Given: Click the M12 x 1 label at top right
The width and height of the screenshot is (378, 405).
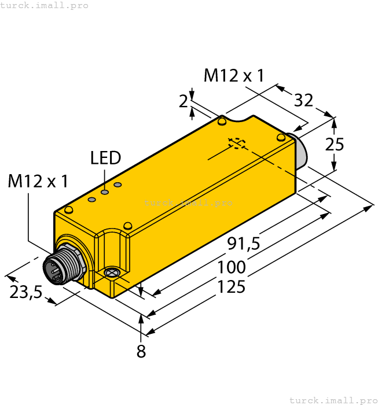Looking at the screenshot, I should click(x=234, y=75).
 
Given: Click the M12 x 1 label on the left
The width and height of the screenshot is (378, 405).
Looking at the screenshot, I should click(x=38, y=181).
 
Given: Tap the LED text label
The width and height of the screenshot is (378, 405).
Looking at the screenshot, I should click(x=105, y=158).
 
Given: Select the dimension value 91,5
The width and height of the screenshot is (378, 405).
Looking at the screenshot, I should click(x=243, y=244).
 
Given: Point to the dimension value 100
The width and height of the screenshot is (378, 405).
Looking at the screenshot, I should click(x=232, y=267).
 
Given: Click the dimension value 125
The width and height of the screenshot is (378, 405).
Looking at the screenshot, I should click(x=231, y=287).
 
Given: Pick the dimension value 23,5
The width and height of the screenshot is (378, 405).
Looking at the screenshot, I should click(x=26, y=292).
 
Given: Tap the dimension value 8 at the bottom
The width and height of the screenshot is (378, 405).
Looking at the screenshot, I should click(x=141, y=351).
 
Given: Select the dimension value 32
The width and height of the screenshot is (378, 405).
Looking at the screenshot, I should click(x=303, y=100).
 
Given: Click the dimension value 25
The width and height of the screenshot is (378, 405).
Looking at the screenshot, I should click(x=335, y=144).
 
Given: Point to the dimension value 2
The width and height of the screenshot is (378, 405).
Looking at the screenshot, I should click(x=184, y=102).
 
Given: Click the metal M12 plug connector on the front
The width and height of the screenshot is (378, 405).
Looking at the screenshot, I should click(x=61, y=267).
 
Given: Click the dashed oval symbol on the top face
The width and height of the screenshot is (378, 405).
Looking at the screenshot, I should click(x=237, y=142).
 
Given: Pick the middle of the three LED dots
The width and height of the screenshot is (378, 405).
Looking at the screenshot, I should click(x=105, y=192).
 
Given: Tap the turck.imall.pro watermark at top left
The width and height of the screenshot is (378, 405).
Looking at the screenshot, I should click(x=45, y=5).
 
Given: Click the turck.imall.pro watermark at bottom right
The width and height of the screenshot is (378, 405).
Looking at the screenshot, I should click(x=333, y=400).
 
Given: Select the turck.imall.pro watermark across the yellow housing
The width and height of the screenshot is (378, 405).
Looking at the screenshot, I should click(x=188, y=203).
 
